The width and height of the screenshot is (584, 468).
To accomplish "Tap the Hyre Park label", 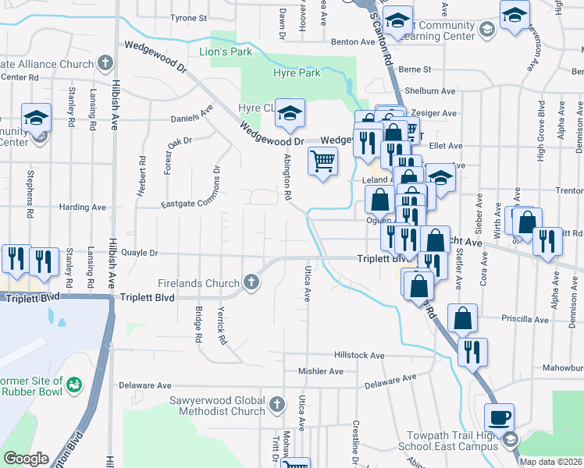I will (x=297, y=73).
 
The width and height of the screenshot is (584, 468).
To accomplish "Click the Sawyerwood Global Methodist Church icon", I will (x=276, y=404).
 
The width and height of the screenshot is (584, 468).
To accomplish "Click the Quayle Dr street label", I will (x=141, y=253).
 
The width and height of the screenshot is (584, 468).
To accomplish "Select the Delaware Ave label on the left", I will (x=144, y=385).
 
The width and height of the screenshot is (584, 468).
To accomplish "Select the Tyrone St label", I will (x=188, y=16).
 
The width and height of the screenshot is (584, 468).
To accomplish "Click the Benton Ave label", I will (x=348, y=42).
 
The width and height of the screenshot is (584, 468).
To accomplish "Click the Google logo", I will (x=25, y=459).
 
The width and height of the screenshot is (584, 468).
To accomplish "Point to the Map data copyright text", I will (x=550, y=462).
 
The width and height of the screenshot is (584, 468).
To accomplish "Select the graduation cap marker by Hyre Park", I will (x=289, y=115).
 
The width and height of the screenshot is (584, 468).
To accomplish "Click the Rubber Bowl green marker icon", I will (x=74, y=384).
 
